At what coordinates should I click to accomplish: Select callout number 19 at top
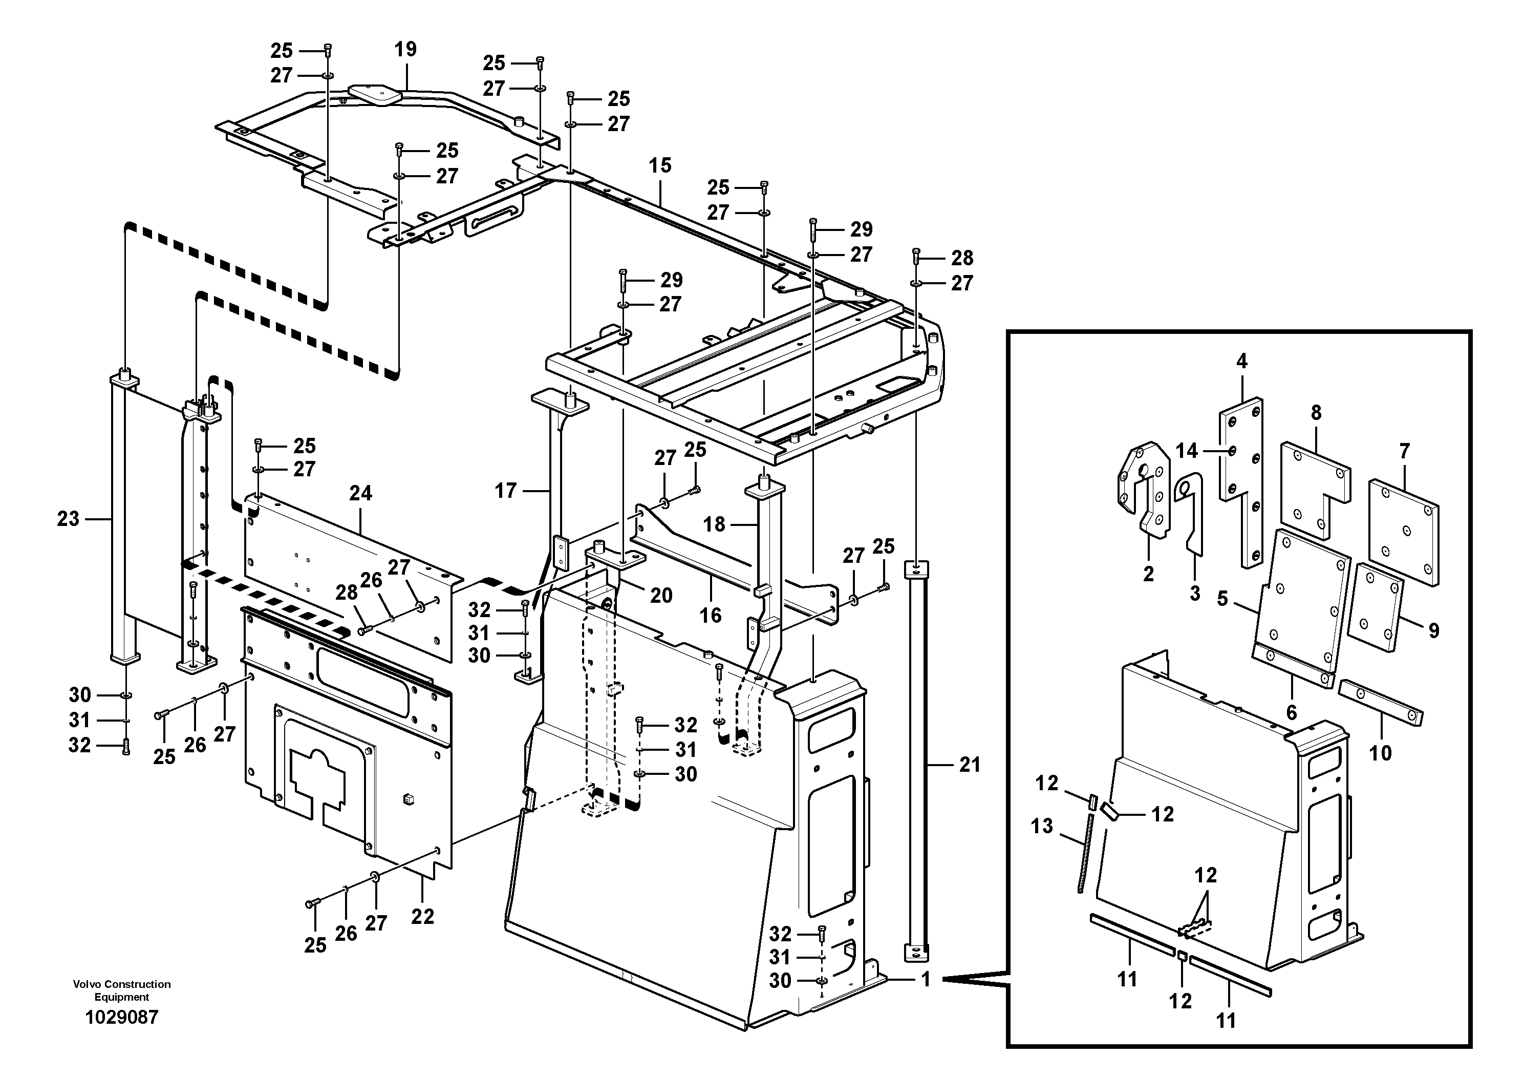(405, 49)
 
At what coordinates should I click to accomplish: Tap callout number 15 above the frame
(660, 165)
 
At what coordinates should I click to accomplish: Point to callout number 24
(360, 493)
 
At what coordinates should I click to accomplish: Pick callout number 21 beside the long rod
(969, 765)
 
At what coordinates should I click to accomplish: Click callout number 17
(505, 491)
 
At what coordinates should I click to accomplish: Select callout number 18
(714, 524)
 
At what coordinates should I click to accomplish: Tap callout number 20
(660, 595)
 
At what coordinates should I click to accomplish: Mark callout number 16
(710, 615)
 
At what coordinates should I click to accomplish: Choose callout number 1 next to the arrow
(926, 979)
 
